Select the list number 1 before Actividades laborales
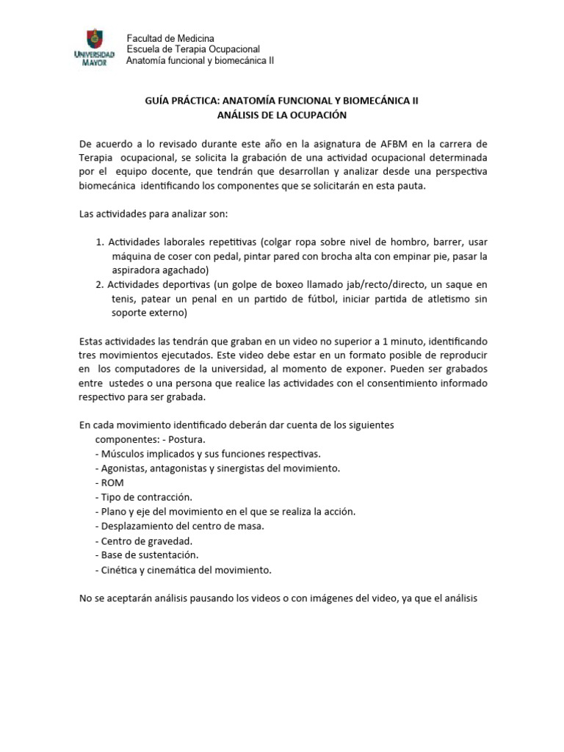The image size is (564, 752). pos(100,242)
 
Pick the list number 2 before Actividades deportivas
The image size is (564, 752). pos(100,284)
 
